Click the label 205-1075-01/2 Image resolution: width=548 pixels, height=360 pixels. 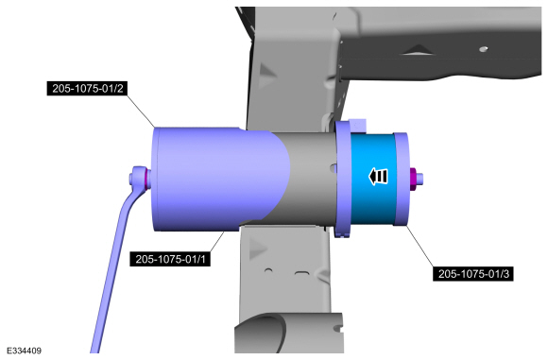click(x=87, y=89)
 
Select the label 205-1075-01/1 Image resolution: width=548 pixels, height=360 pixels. click(x=170, y=259)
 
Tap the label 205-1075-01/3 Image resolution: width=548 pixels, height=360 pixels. click(x=473, y=273)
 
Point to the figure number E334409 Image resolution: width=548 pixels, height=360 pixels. click(x=24, y=351)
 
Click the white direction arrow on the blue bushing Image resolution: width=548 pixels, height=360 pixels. click(x=378, y=176)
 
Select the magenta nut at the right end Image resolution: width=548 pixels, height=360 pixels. click(x=413, y=179)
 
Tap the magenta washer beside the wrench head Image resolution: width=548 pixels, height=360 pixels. click(x=147, y=180)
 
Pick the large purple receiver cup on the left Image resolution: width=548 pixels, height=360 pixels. click(x=216, y=179)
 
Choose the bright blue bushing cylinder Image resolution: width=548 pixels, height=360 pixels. click(x=372, y=179)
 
